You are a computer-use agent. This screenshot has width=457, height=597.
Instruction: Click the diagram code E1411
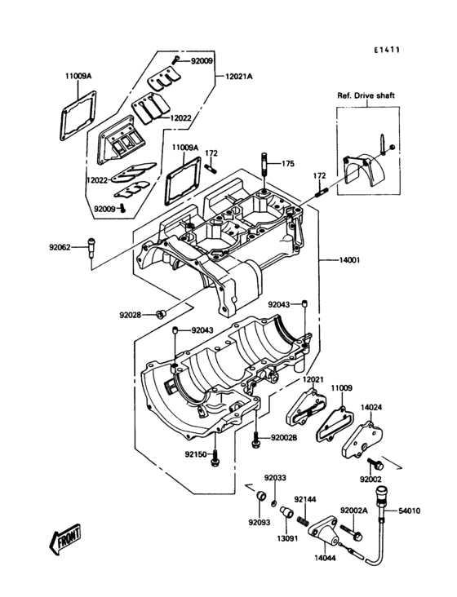(x=387, y=50)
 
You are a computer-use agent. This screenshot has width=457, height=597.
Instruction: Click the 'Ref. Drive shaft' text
(x=366, y=96)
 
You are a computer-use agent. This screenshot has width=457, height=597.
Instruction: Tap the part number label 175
(x=288, y=163)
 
